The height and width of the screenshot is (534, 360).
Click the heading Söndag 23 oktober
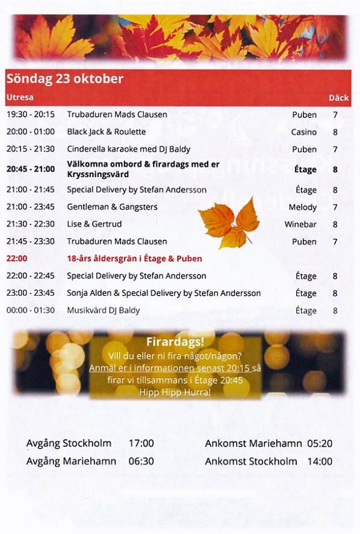click(x=64, y=79)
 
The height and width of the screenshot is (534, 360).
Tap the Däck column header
click(x=338, y=98)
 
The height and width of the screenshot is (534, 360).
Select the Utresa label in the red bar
click(x=20, y=98)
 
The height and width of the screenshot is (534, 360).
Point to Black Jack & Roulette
click(x=107, y=132)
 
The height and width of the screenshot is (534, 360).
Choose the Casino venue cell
click(x=303, y=132)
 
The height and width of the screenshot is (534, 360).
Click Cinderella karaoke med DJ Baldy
click(x=128, y=149)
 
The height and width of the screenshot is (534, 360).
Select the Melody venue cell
click(x=302, y=207)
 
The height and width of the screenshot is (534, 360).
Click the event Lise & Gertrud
click(x=95, y=224)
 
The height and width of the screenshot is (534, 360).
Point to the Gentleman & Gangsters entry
click(x=112, y=207)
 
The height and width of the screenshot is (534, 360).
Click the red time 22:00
click(x=16, y=258)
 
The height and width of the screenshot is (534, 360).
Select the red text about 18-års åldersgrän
click(x=134, y=258)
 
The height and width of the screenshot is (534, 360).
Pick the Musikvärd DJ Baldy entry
click(x=103, y=311)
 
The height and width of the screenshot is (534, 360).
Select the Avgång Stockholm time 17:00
click(x=141, y=444)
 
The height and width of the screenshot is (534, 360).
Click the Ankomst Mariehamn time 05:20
click(x=320, y=444)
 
